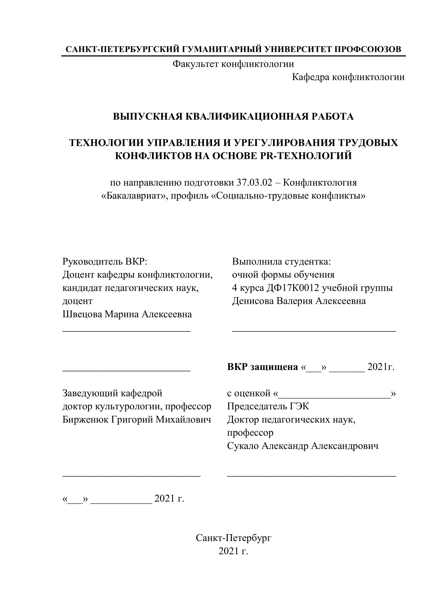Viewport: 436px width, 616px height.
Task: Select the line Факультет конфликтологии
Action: click(233, 64)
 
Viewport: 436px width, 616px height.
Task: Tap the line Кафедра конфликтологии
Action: click(348, 77)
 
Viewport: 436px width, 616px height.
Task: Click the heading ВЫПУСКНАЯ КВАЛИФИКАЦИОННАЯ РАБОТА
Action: click(233, 117)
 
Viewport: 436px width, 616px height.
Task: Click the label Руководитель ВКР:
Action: click(105, 261)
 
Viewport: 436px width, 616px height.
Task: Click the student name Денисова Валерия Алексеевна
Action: click(299, 301)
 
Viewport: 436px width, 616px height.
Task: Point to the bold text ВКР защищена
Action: click(262, 367)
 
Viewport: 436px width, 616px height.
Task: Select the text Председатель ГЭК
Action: click(268, 406)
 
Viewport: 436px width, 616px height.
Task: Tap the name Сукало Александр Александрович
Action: click(303, 446)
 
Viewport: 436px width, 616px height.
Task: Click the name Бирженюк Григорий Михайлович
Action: click(136, 419)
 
